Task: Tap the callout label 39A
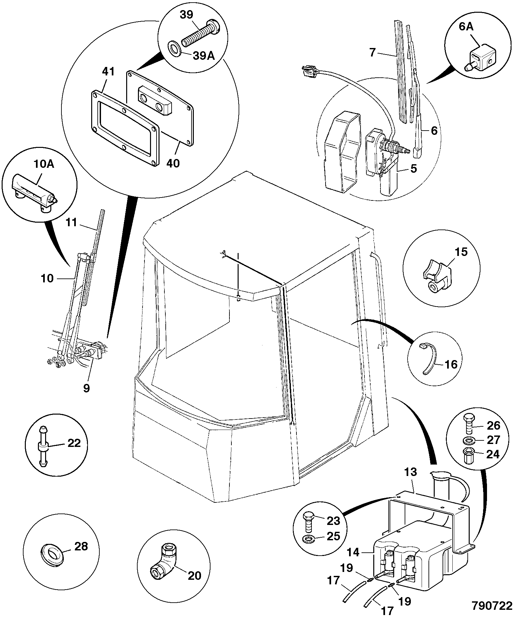pyautogui.click(x=204, y=56)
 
